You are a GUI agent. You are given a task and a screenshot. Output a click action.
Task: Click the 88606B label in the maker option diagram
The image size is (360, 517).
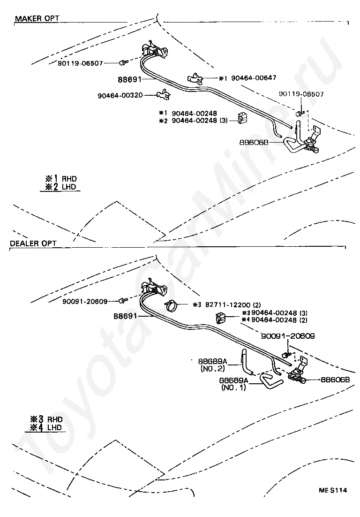click(x=254, y=142)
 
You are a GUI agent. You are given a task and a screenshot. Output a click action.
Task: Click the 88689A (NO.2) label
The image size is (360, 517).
click(x=212, y=365)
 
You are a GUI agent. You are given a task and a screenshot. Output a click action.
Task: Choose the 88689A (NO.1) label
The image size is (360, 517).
click(x=233, y=383)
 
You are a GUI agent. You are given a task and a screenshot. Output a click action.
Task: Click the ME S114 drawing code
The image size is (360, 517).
click(x=333, y=491)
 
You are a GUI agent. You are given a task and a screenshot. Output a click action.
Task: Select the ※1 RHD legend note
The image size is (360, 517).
click(x=61, y=179)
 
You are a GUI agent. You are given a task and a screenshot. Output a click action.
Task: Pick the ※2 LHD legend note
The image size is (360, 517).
click(x=61, y=187)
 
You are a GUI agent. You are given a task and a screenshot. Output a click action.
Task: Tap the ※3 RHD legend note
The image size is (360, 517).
click(x=46, y=419)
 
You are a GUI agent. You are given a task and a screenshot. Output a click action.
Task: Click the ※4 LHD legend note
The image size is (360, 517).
click(x=46, y=428)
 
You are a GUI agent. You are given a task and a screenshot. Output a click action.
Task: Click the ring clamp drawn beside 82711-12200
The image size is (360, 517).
click(x=173, y=306)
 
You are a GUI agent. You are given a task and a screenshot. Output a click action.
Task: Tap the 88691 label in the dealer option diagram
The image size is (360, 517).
click(x=124, y=316)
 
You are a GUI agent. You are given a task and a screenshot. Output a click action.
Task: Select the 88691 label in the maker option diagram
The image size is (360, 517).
click(x=128, y=80)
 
